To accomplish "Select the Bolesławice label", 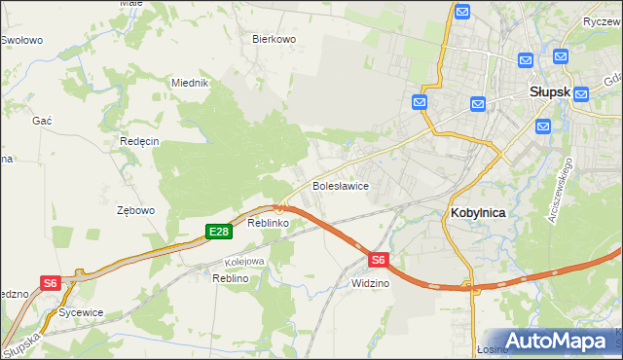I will [x=339, y=185].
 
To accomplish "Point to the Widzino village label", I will [x=370, y=283].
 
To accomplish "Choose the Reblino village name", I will [x=231, y=278].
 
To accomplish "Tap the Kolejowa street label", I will [x=244, y=261].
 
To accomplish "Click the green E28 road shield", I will [x=218, y=231].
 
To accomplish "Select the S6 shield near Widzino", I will [x=379, y=259].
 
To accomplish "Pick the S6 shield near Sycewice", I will [x=51, y=282].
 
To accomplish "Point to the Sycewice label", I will [x=81, y=313].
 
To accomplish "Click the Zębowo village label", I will [x=135, y=210].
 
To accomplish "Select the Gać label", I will [x=42, y=119].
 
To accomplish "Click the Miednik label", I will [x=190, y=83].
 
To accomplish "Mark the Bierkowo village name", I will [x=274, y=39].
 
